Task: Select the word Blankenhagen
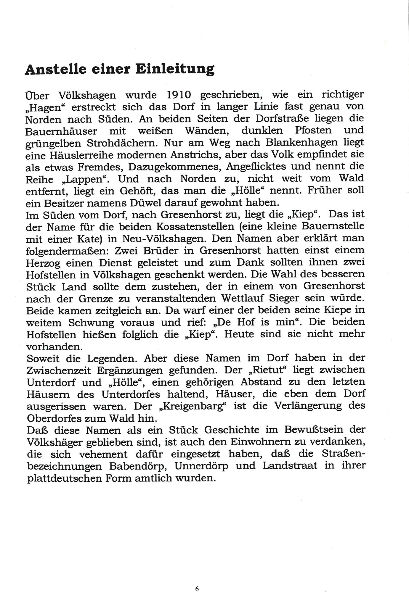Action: [300, 143]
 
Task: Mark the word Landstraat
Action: [290, 466]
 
